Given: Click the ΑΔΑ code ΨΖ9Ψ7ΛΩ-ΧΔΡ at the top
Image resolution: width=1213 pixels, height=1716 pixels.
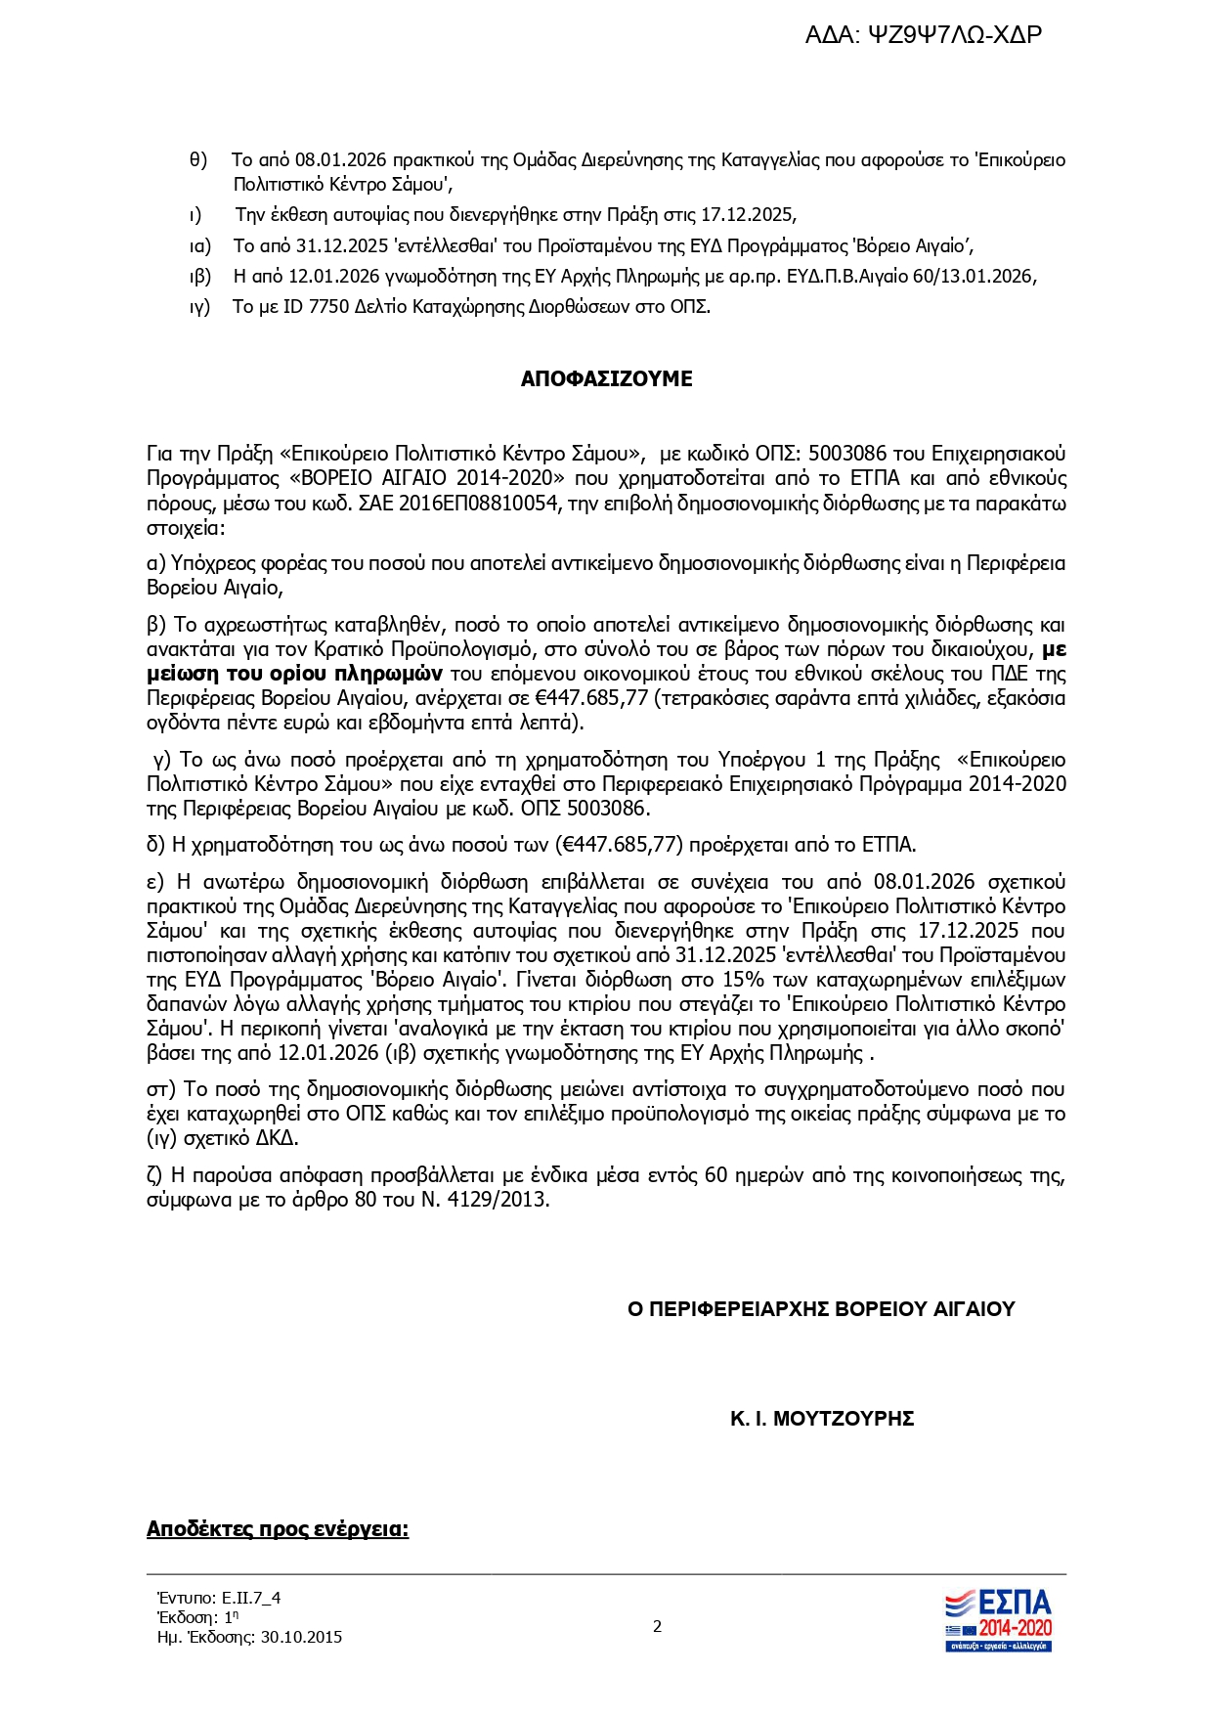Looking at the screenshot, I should [955, 35].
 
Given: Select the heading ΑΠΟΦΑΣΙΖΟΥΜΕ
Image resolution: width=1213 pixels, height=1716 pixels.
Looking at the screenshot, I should [606, 379].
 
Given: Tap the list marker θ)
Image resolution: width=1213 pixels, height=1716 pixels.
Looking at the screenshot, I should [198, 160].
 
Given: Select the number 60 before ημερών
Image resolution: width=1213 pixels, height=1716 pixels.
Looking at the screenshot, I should [715, 1175].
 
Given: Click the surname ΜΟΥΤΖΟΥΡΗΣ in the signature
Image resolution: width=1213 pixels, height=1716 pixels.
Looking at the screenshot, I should [844, 1419].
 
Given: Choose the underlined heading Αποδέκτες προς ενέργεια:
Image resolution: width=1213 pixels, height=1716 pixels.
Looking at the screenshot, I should [278, 1529].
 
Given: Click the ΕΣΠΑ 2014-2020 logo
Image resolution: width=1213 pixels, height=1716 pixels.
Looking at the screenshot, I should [998, 1620].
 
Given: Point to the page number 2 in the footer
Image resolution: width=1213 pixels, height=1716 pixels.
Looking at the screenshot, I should [657, 1627].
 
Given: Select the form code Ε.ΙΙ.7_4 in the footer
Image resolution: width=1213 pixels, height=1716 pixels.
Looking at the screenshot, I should [250, 1598].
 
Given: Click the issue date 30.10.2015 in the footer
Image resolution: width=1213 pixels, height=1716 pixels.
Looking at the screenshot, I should [301, 1637].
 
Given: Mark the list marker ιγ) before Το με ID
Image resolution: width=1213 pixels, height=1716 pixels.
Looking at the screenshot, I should [199, 307].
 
